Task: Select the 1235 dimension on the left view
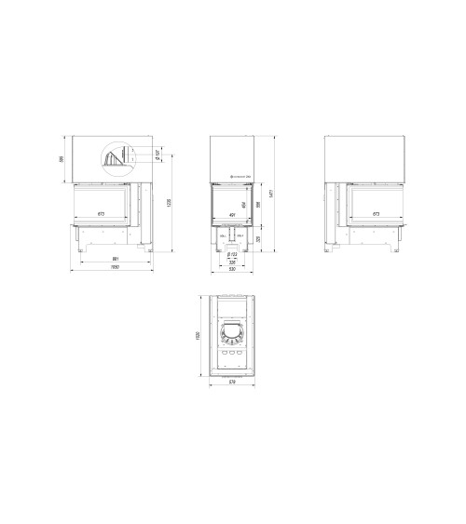(169, 202)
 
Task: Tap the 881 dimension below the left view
(115, 259)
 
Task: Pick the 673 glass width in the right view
(376, 215)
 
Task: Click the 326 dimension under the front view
(232, 261)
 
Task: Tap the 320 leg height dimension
(261, 238)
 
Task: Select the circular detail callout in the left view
(116, 157)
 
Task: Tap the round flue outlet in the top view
(232, 331)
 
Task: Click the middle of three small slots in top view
(232, 353)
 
